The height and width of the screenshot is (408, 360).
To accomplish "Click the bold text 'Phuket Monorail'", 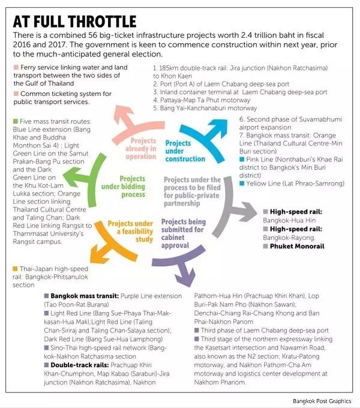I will (296, 246).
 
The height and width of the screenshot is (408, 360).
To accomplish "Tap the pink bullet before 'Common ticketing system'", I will (14, 94).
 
